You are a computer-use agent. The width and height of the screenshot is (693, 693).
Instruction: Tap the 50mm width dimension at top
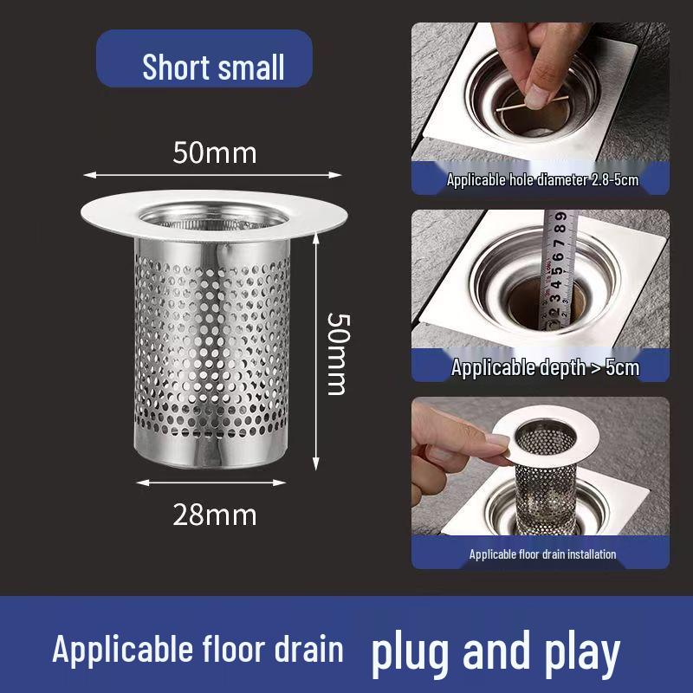(x=215, y=152)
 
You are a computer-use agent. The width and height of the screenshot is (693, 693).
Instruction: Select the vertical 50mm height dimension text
(x=336, y=353)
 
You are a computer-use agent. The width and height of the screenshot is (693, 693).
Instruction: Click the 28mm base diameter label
(x=215, y=515)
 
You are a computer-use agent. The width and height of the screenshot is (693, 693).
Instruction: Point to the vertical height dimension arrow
(x=316, y=346)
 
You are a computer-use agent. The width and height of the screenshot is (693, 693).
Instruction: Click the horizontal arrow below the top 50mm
(x=212, y=175)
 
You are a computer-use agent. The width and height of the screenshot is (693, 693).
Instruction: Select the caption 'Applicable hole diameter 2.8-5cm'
(x=542, y=180)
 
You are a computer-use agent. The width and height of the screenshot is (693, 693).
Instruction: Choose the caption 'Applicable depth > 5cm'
(x=545, y=367)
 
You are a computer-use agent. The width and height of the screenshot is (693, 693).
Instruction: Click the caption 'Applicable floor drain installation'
(x=542, y=554)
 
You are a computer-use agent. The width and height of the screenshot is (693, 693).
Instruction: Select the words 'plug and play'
(x=495, y=651)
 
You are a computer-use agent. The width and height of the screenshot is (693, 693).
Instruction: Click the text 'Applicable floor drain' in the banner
(x=198, y=650)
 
